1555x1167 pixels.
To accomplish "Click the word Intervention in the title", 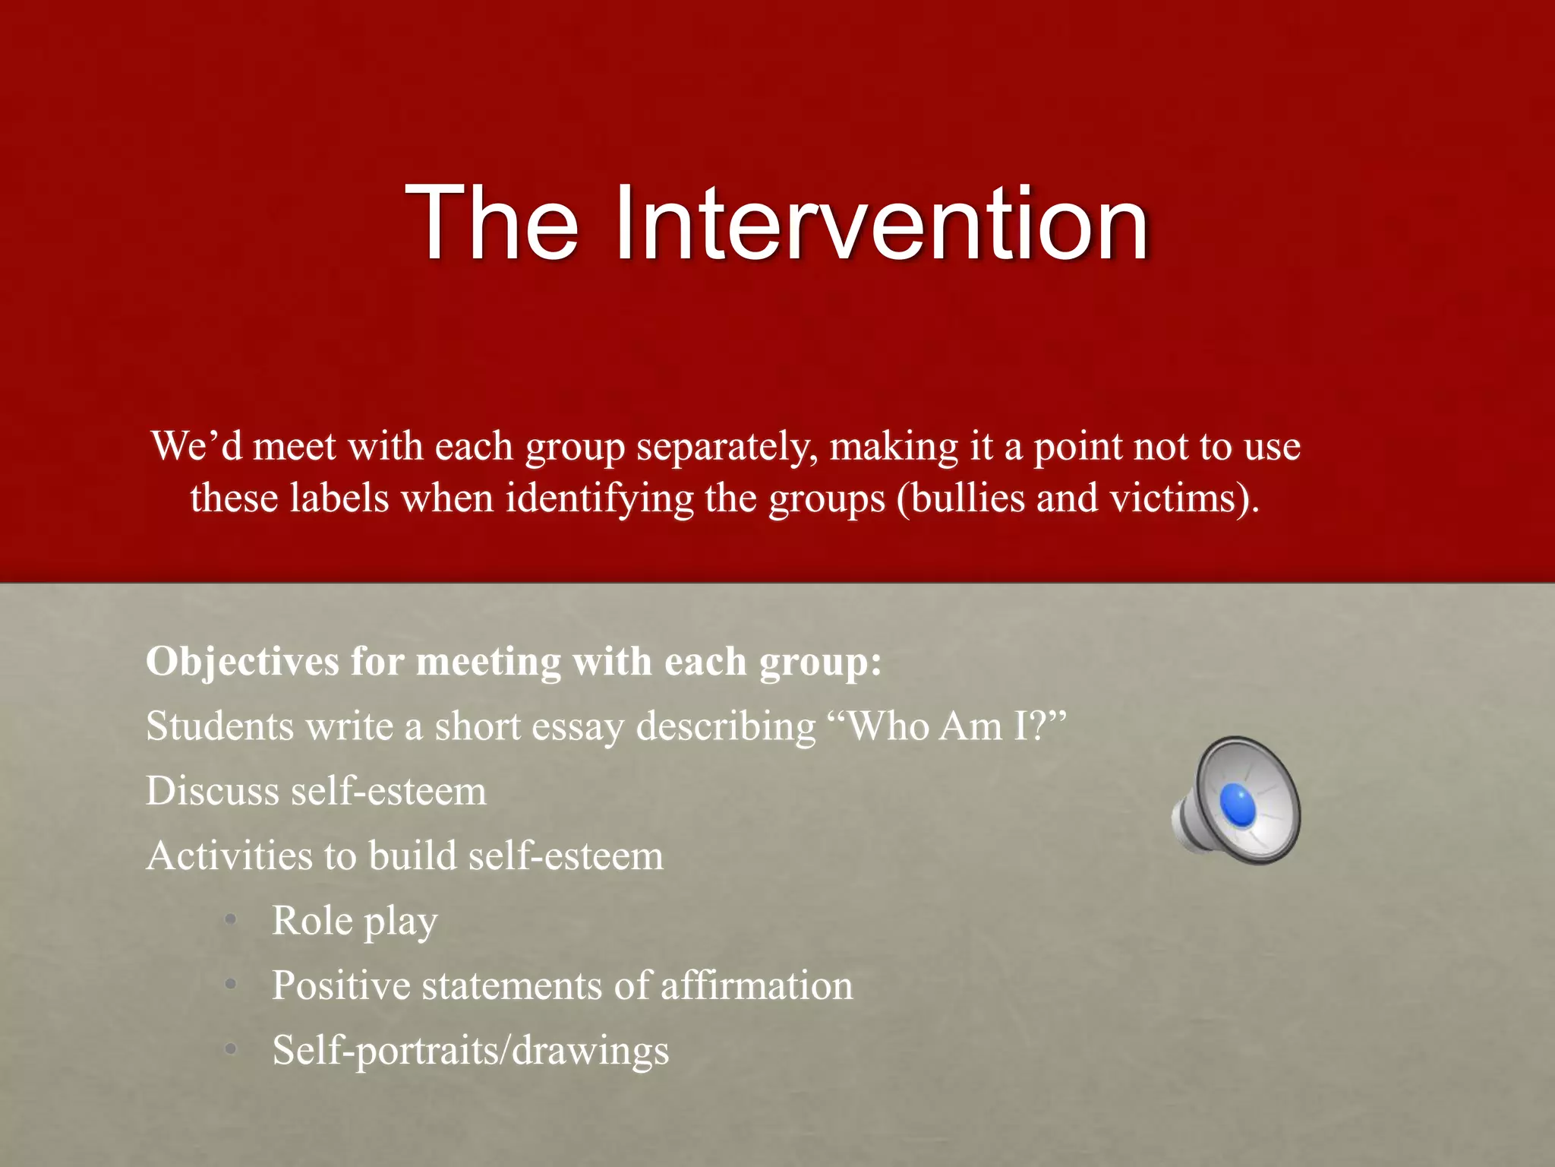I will [881, 224].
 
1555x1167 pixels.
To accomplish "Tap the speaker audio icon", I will [1236, 801].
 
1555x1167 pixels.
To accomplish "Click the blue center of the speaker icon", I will [1237, 804].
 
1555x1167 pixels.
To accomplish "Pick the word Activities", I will [229, 856].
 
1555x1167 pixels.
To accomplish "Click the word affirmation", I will [756, 986].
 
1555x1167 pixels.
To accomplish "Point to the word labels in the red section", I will [339, 499].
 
